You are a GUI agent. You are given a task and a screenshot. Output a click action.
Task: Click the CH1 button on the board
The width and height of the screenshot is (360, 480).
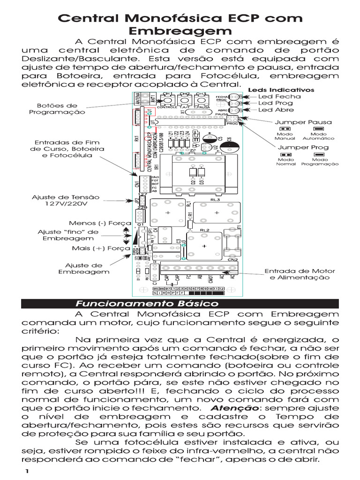(x=167, y=100)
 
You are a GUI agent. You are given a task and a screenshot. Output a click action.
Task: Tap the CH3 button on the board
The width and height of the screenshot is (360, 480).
(x=201, y=100)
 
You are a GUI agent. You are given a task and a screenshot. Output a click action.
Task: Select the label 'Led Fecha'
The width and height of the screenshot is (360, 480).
(x=280, y=96)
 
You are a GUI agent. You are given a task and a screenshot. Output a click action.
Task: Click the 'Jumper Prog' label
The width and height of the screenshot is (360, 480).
(x=304, y=147)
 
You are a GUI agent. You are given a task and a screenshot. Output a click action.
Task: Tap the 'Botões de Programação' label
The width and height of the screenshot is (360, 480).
(x=57, y=109)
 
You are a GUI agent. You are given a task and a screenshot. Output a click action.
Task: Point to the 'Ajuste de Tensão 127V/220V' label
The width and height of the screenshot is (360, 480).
(x=59, y=201)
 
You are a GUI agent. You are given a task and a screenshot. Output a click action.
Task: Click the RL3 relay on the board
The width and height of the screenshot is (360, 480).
(x=217, y=212)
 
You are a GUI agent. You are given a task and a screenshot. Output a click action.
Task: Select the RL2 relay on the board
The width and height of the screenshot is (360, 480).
(x=204, y=245)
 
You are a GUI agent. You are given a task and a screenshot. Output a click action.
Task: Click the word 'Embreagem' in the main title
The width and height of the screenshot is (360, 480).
(x=180, y=31)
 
